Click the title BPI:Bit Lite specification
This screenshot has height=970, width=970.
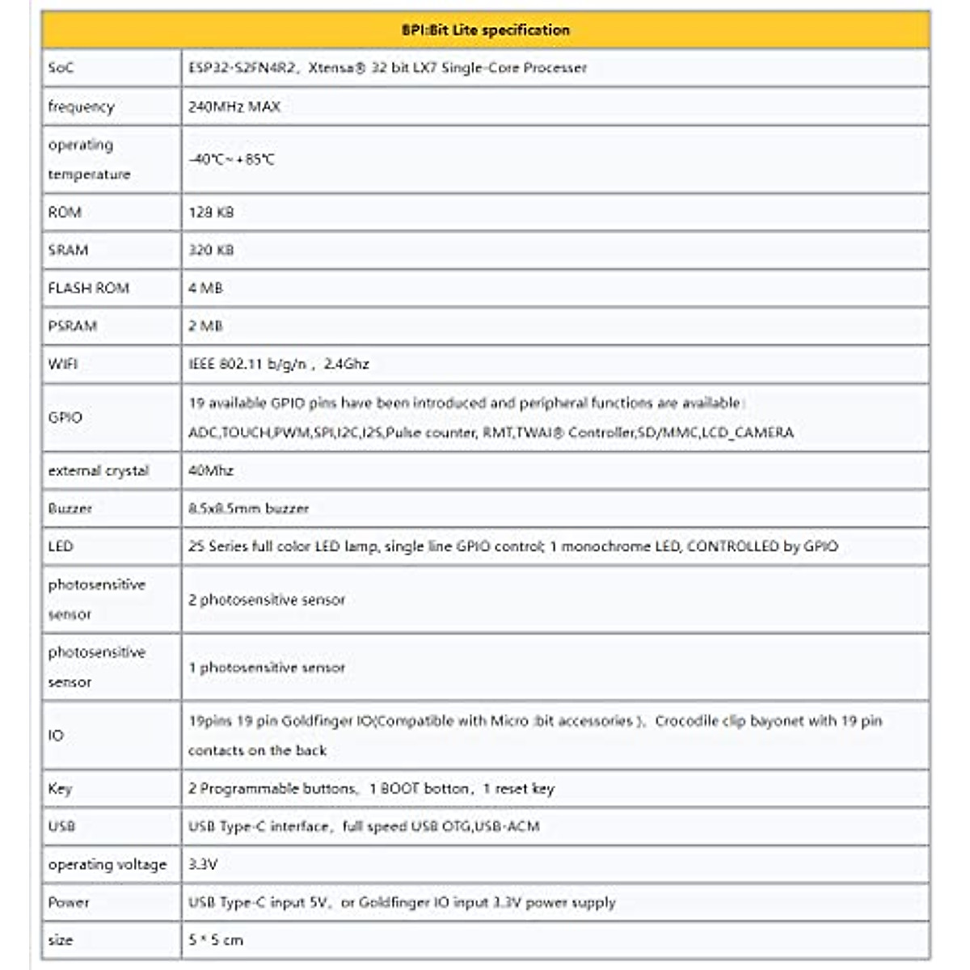tap(485, 30)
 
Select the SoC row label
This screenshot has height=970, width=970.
tap(61, 68)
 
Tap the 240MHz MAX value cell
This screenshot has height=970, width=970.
tap(234, 106)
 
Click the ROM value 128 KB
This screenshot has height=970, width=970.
tap(211, 212)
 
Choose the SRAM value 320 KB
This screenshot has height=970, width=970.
tap(211, 250)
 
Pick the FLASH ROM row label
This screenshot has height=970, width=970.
tap(88, 288)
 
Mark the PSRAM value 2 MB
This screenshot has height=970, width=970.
tap(205, 326)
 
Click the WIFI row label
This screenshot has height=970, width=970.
tap(63, 364)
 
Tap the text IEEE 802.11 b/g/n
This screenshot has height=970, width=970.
tap(247, 364)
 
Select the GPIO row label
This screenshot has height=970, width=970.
tap(65, 417)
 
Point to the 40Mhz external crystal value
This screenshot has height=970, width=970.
tap(211, 470)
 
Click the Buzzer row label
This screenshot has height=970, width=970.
tap(70, 508)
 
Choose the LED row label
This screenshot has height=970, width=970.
tap(61, 546)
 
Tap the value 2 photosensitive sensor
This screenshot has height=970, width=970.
tap(267, 600)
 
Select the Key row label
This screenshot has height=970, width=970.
tap(60, 788)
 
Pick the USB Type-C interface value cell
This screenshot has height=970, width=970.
tap(364, 826)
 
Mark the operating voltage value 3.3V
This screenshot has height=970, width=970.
tap(203, 864)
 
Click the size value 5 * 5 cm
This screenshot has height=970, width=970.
tap(216, 940)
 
